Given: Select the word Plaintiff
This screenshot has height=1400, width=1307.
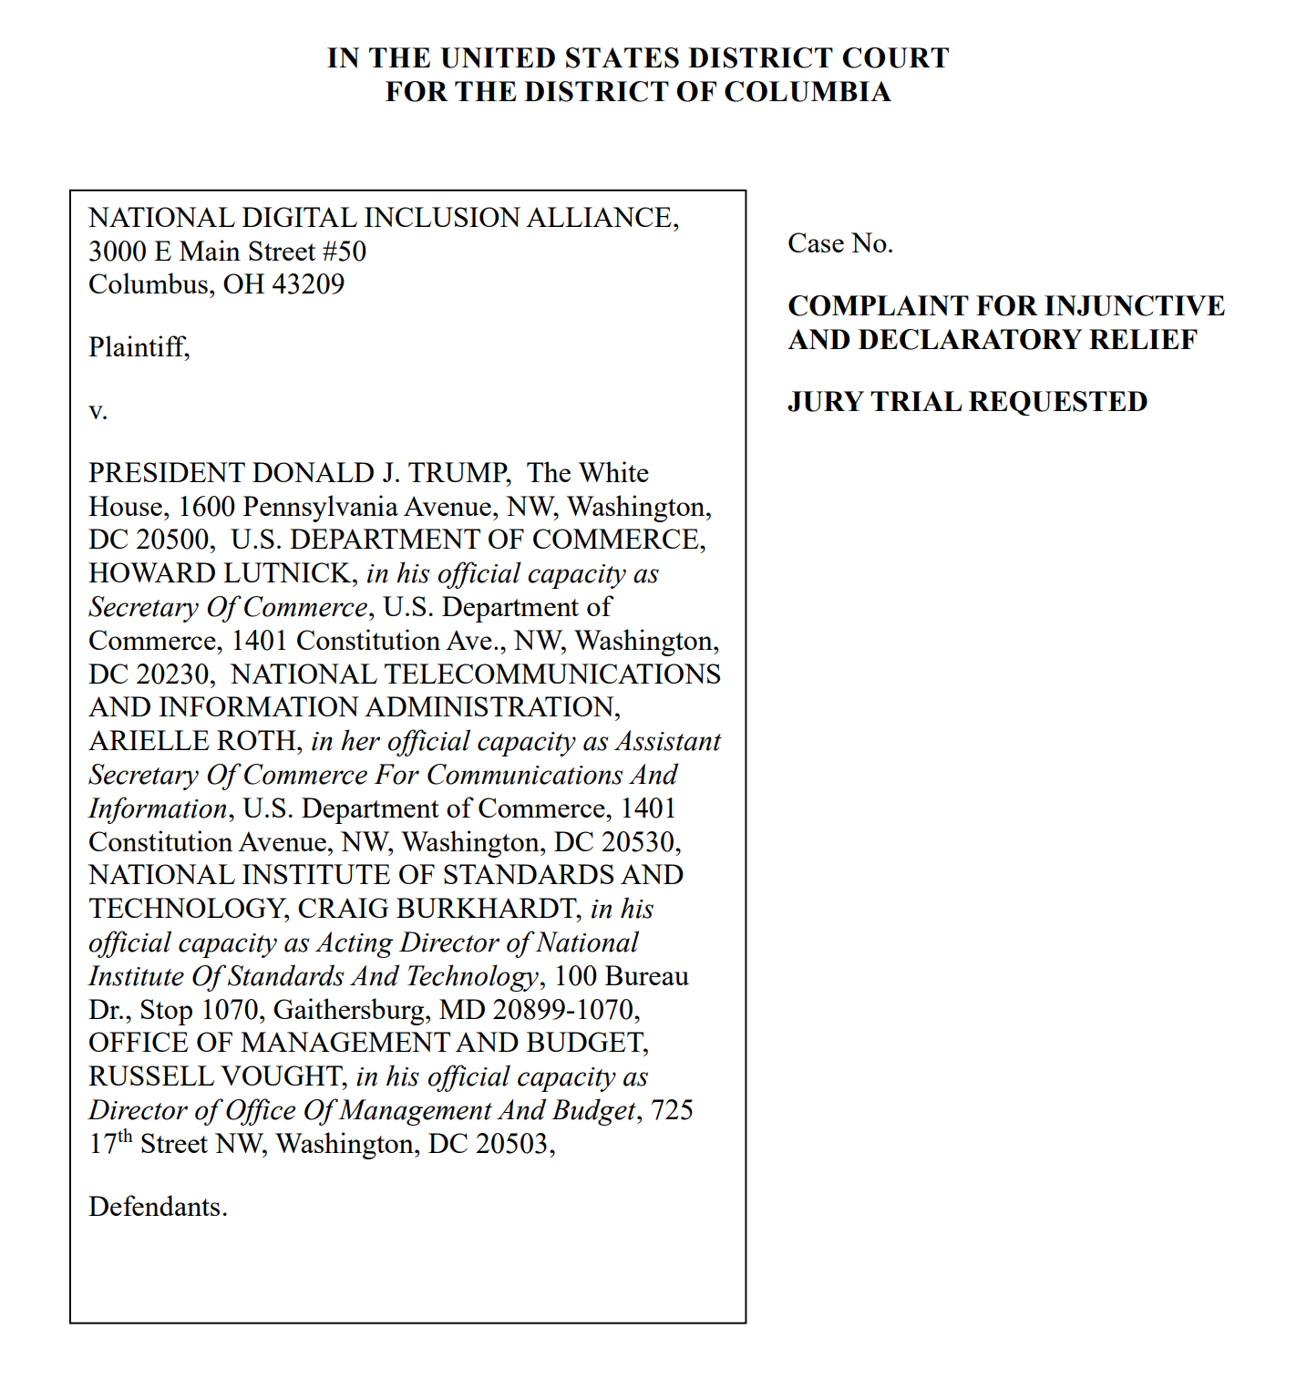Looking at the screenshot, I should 138,347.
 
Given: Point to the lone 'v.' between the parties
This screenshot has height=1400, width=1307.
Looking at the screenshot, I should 98,411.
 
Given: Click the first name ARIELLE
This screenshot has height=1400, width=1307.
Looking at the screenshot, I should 147,741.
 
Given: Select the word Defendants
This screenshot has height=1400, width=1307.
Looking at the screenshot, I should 157,1207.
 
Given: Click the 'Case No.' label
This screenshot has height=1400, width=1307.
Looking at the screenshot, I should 839,243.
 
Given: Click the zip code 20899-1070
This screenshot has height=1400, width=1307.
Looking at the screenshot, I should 565,1010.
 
